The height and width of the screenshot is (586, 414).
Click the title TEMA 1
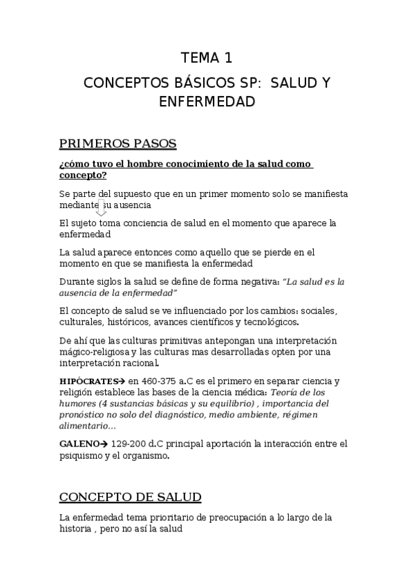point(207,57)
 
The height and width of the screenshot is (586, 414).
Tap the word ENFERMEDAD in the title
point(207,102)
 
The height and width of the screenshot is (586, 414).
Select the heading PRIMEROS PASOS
point(118,144)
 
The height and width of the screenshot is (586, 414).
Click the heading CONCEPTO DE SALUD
point(131,497)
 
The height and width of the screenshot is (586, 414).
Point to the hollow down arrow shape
point(101,208)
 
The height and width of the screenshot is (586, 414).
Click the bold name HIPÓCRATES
point(84,381)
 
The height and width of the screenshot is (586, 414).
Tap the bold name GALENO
point(77,443)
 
